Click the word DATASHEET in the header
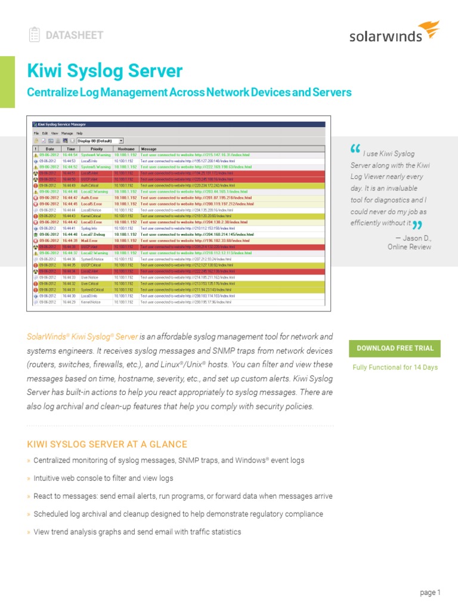tap(75, 35)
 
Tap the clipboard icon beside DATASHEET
tap(35, 35)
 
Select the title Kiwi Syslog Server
tap(105, 71)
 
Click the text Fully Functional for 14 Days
tap(395, 367)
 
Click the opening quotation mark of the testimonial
tap(355, 149)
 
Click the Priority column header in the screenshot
tap(96, 149)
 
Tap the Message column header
tap(148, 149)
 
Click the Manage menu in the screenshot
tap(67, 133)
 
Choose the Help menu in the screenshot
tap(79, 133)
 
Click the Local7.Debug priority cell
tap(93, 234)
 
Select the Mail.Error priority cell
tap(91, 240)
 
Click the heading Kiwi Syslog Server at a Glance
tap(107, 444)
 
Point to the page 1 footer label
tap(430, 593)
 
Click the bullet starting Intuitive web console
tap(103, 478)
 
